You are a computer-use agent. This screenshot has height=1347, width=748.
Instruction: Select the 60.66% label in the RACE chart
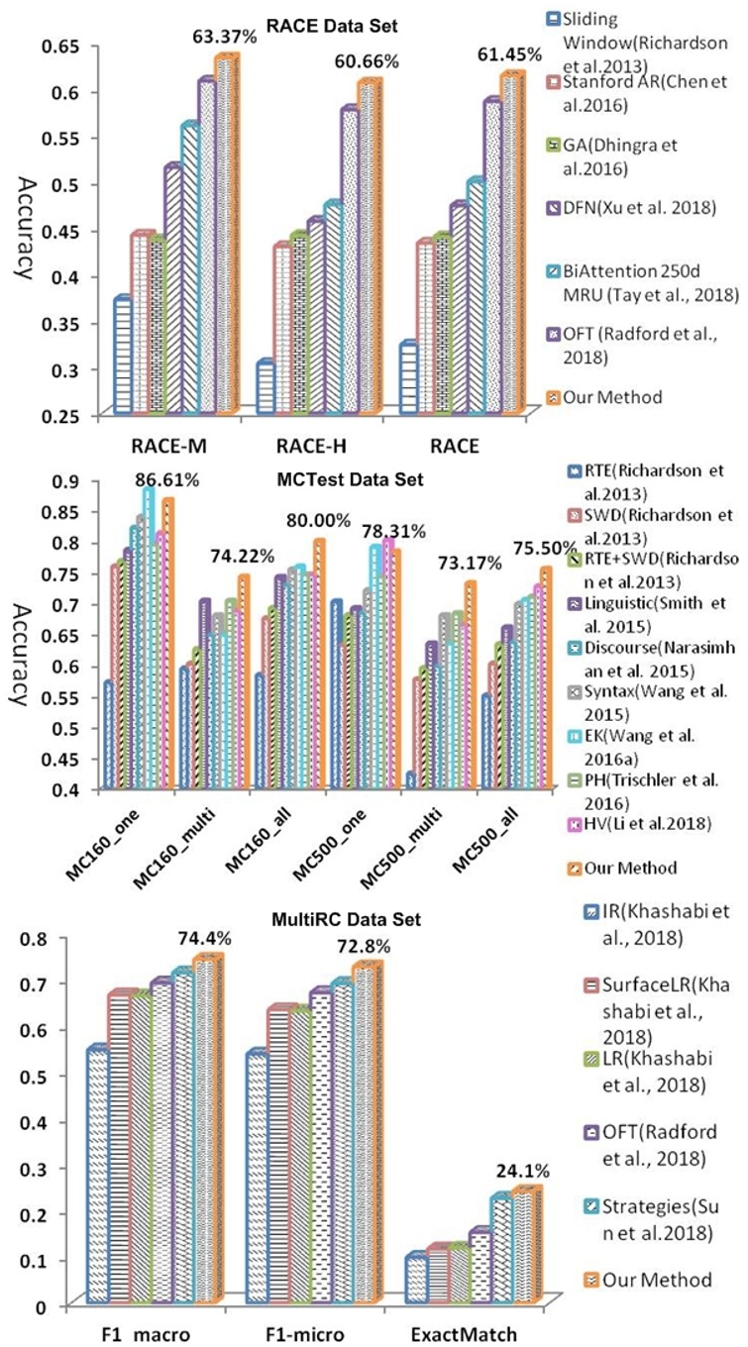coord(365,61)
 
